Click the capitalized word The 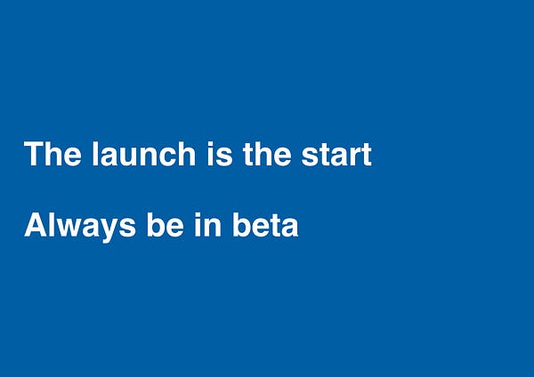pos(53,154)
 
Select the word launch pos(143,154)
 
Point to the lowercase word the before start pos(267,154)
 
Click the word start pos(336,155)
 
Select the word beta pos(265,225)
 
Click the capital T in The pos(35,154)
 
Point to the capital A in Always pos(36,225)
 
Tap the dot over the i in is pos(210,143)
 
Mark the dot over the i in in pos(198,214)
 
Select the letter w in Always pos(74,228)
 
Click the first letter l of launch pos(95,154)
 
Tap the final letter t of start pos(367,155)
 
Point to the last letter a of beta pos(289,228)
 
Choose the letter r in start pos(354,156)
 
